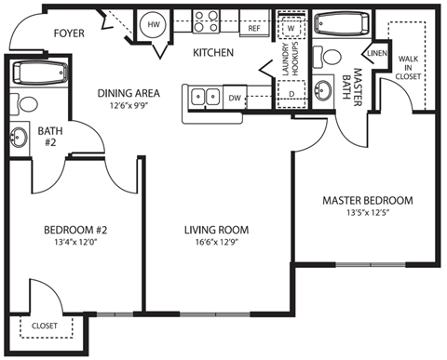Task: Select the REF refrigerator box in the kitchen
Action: [x=254, y=29]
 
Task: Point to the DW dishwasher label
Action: [x=236, y=96]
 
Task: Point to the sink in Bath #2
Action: [x=20, y=138]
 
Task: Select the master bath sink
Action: [x=324, y=91]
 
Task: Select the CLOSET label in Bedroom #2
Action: [x=44, y=327]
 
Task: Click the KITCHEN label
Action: [x=212, y=53]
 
